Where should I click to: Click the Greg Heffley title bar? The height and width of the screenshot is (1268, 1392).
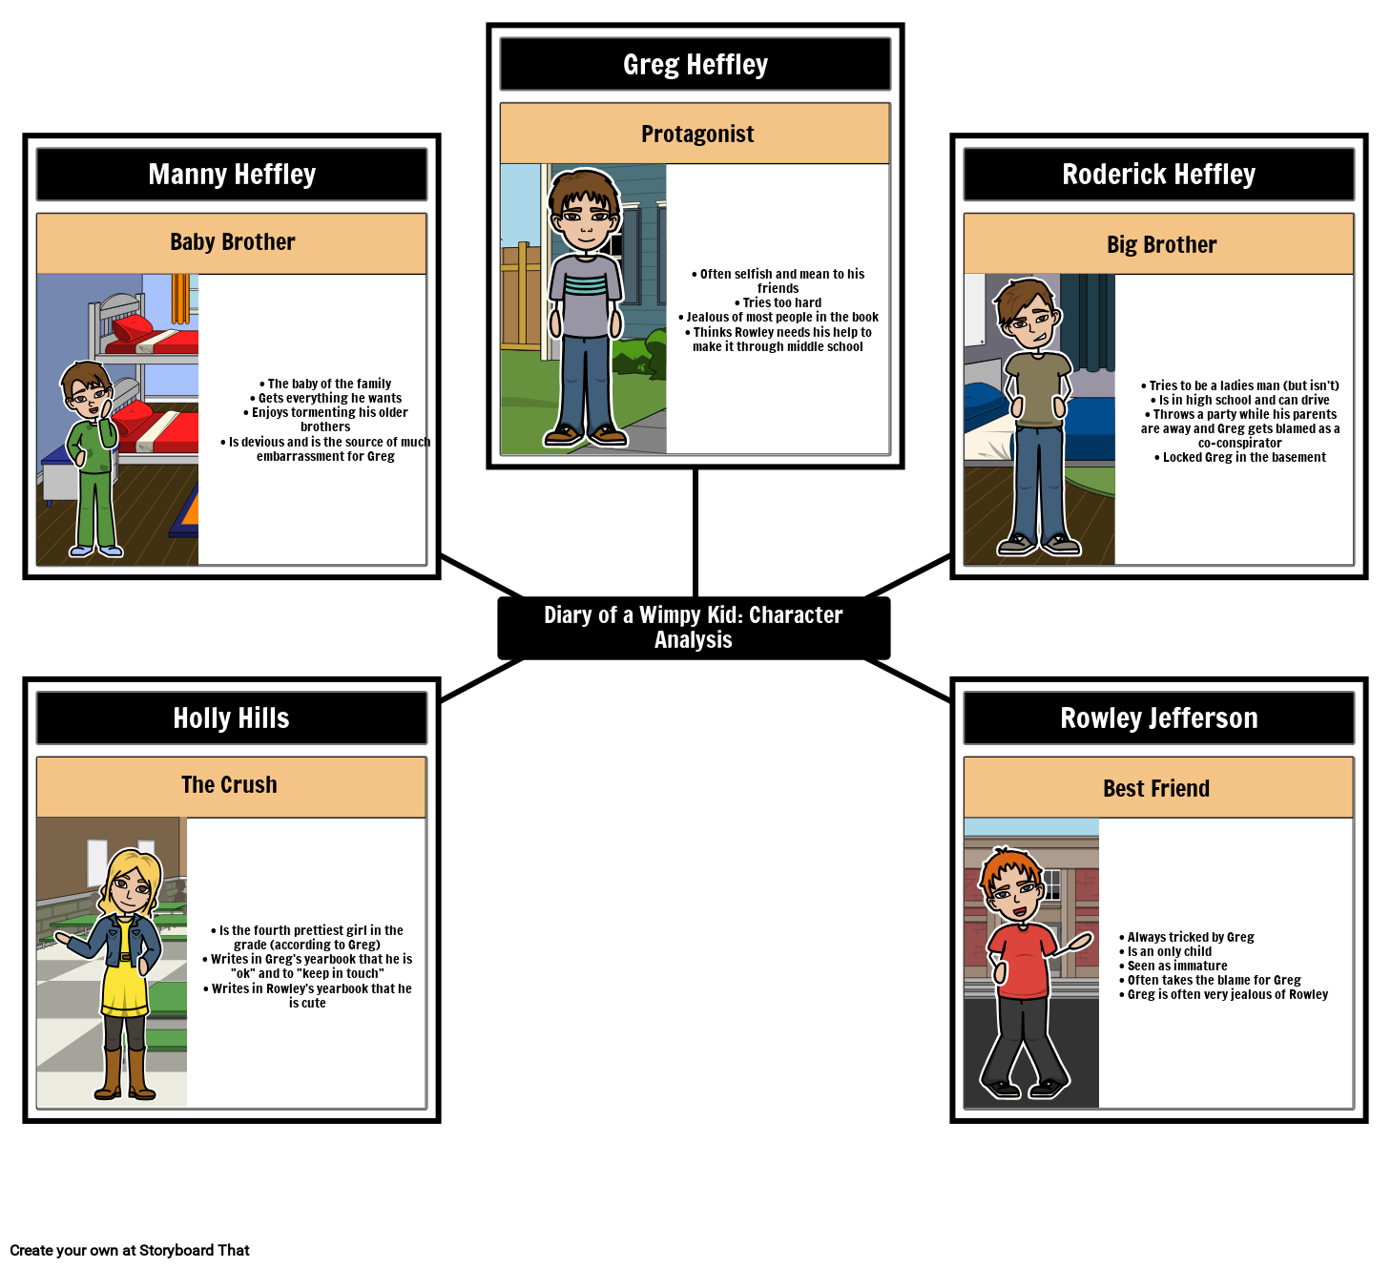click(x=695, y=64)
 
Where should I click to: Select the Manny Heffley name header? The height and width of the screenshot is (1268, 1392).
click(x=232, y=174)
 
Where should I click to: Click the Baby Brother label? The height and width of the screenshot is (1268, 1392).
click(x=232, y=243)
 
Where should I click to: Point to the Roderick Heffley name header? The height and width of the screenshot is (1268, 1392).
click(x=1158, y=174)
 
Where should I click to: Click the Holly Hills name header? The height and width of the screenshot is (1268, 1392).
click(x=232, y=717)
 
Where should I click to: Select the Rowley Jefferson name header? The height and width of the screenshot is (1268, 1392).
click(x=1158, y=717)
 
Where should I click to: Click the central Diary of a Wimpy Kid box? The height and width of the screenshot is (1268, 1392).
click(x=694, y=628)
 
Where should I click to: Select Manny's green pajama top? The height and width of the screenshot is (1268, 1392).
click(x=93, y=437)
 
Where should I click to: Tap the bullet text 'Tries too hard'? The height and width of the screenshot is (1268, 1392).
click(x=778, y=302)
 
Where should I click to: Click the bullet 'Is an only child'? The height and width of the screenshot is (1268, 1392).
click(x=1165, y=951)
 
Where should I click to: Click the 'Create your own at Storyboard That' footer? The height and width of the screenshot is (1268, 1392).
click(x=129, y=1250)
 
